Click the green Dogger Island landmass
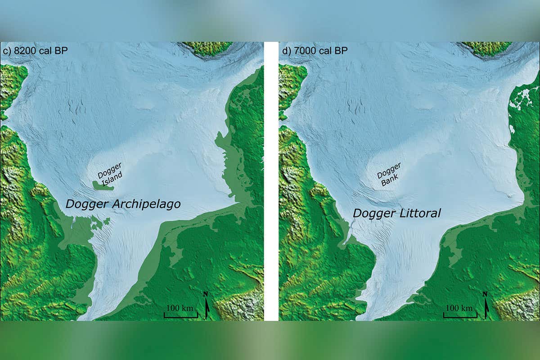(103, 185)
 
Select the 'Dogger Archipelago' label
(123, 204)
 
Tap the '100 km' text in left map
(180, 308)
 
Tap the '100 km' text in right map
(459, 308)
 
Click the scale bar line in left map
(180, 317)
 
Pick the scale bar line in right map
(460, 317)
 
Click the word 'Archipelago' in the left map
(147, 204)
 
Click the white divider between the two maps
(271, 180)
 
